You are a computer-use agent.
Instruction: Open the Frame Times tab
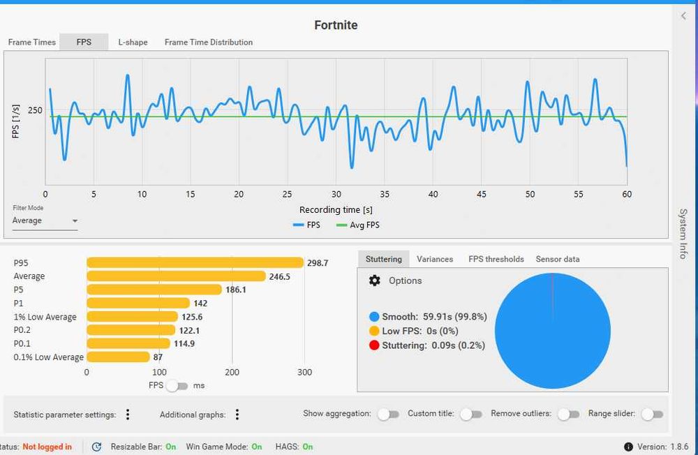pyautogui.click(x=31, y=43)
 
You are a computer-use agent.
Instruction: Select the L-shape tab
pyautogui.click(x=133, y=43)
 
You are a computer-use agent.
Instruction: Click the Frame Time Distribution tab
pyautogui.click(x=208, y=43)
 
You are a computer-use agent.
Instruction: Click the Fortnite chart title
pyautogui.click(x=336, y=25)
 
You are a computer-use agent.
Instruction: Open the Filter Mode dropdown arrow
pyautogui.click(x=75, y=221)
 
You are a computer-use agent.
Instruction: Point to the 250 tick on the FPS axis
pyautogui.click(x=35, y=110)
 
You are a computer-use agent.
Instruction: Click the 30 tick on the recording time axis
pyautogui.click(x=336, y=194)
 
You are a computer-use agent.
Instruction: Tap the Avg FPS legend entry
pyautogui.click(x=358, y=225)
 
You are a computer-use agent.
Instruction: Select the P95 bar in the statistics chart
pyautogui.click(x=195, y=262)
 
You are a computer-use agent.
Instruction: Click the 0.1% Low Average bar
pyautogui.click(x=118, y=357)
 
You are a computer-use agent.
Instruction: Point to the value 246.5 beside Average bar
pyautogui.click(x=280, y=276)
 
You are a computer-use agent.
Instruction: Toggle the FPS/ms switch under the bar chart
pyautogui.click(x=177, y=385)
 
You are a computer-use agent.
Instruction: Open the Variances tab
pyautogui.click(x=434, y=259)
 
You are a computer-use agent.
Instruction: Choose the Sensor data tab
pyautogui.click(x=557, y=259)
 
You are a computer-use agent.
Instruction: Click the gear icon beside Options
pyautogui.click(x=374, y=281)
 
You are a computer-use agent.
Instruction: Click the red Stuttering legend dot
pyautogui.click(x=374, y=345)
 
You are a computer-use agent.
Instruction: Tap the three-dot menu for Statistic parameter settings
pyautogui.click(x=128, y=415)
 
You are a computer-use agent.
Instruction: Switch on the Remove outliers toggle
pyautogui.click(x=568, y=414)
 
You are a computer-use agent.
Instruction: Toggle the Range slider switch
pyautogui.click(x=652, y=414)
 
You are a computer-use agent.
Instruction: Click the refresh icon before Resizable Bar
pyautogui.click(x=96, y=447)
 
